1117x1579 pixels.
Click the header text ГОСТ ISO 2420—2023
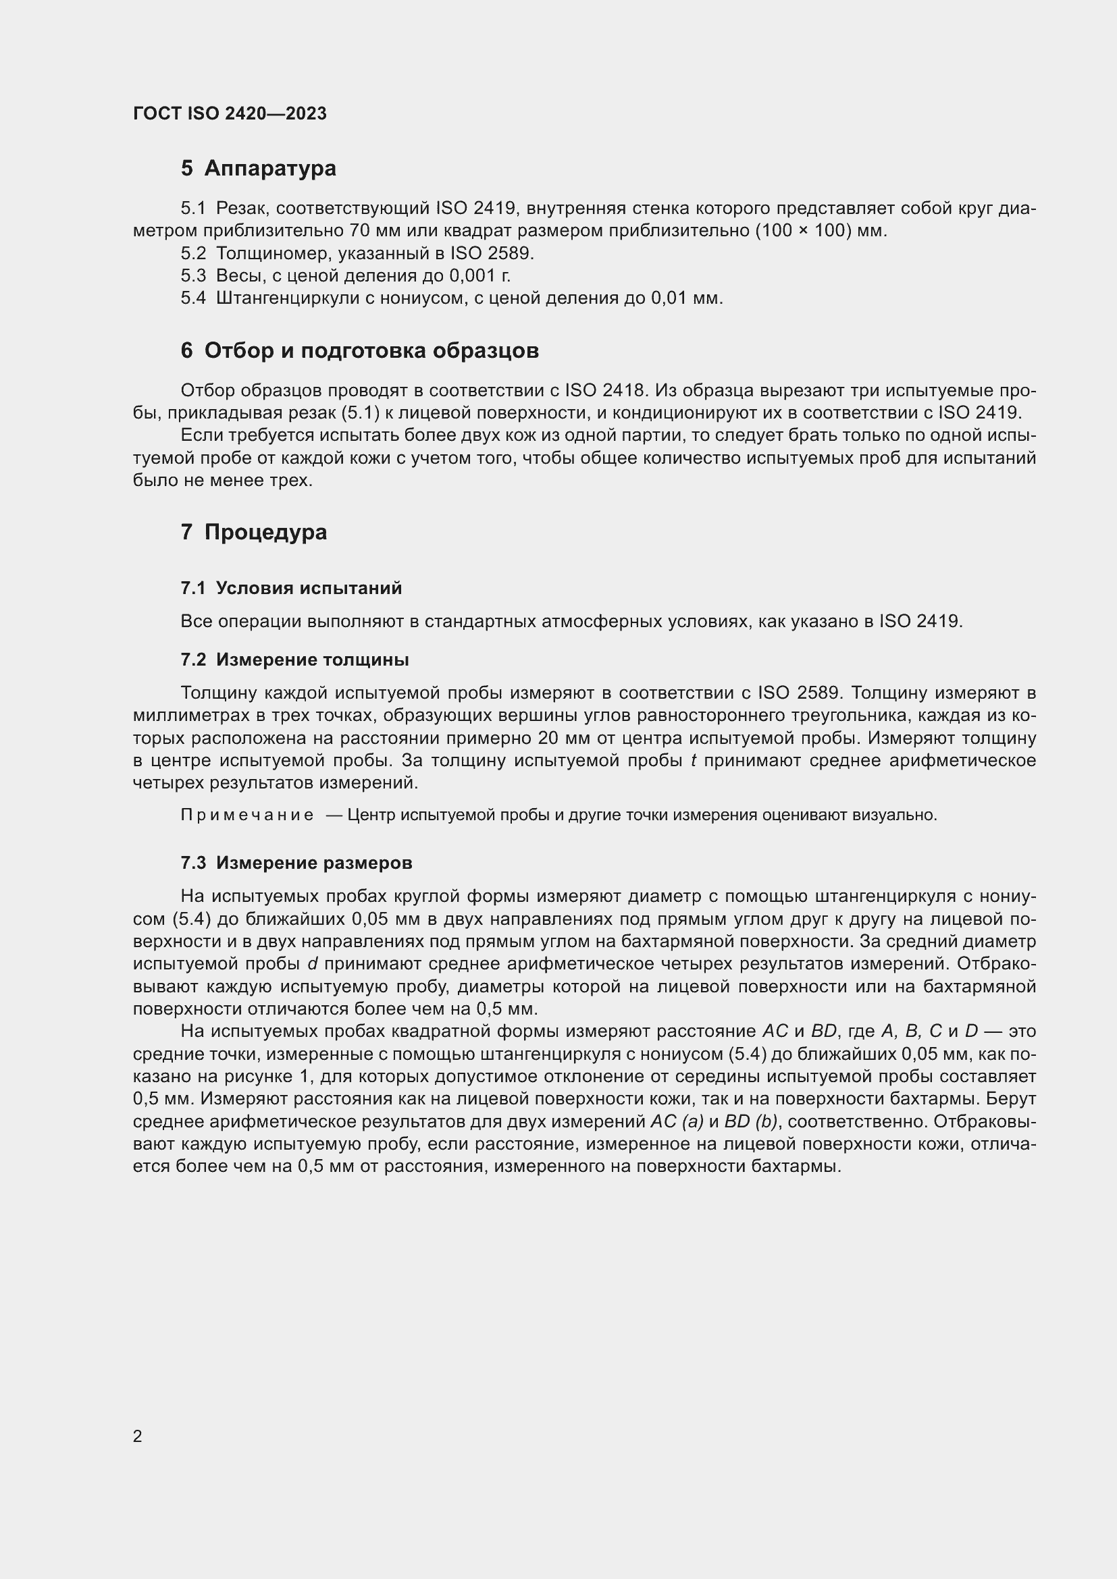tap(230, 113)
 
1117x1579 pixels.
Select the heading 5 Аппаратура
tap(258, 168)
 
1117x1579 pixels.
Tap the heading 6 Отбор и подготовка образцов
tap(359, 351)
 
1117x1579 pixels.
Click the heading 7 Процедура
tap(253, 532)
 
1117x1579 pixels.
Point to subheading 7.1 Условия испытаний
tap(291, 588)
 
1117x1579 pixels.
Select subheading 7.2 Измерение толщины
tap(294, 660)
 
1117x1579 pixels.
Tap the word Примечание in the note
tap(247, 815)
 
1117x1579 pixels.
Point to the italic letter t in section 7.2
tap(694, 761)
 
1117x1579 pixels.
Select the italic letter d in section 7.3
tap(311, 963)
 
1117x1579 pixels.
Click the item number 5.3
tap(193, 276)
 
